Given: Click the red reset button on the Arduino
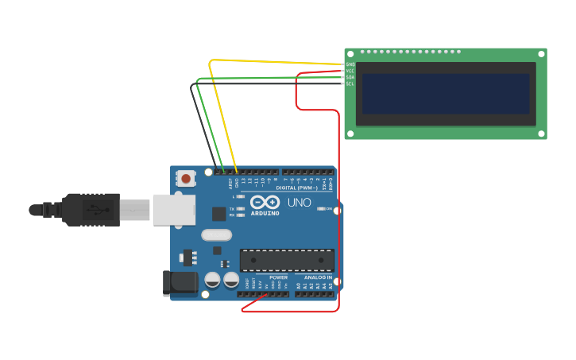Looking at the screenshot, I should coord(186,179).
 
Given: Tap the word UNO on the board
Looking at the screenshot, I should coord(300,203).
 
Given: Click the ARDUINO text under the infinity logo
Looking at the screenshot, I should coord(265,213).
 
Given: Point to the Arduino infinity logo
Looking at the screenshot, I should coord(265,202).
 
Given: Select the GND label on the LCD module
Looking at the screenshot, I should coord(350,64).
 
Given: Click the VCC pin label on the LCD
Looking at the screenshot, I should coord(350,71).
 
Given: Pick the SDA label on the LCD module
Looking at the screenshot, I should coord(350,77).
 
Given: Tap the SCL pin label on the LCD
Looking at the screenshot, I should coord(350,83).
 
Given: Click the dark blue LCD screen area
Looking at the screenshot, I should coord(446,94).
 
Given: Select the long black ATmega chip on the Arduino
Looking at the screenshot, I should coord(287,260).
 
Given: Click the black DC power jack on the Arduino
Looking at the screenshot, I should coord(179,283).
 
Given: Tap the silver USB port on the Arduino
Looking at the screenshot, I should coord(174,209).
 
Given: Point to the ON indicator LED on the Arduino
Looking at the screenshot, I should coord(321,208).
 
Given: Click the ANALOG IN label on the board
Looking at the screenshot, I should coord(318,277).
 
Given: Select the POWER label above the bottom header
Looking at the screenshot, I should coord(278,277).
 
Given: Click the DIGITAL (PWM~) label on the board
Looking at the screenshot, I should coord(296,188).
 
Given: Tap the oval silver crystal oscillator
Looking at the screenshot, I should coord(216,234).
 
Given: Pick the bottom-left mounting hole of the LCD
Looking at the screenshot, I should coord(349,134).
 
